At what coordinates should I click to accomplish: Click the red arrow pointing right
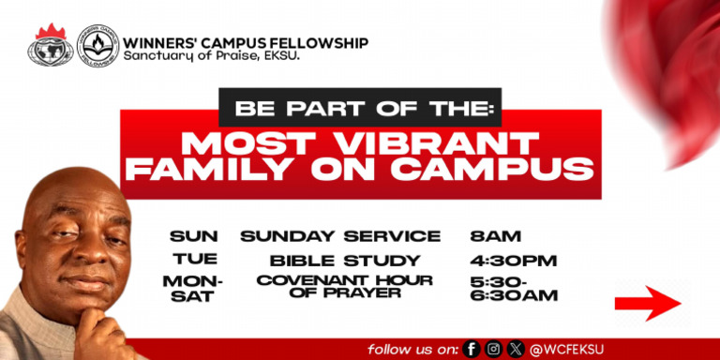[x=647, y=303]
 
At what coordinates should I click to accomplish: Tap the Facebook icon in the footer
[x=472, y=349]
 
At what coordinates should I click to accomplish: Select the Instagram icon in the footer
[x=494, y=349]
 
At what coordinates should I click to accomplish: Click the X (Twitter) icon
[x=516, y=349]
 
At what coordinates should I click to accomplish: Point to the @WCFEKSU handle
[x=571, y=349]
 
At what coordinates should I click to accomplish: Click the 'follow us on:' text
[x=412, y=349]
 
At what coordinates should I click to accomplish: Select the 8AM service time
[x=496, y=236]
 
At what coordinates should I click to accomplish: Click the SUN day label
[x=194, y=236]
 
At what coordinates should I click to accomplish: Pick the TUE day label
[x=195, y=260]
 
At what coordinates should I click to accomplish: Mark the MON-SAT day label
[x=194, y=289]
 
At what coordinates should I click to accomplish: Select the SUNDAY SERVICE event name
[x=340, y=236]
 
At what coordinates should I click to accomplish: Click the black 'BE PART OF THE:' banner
[x=360, y=107]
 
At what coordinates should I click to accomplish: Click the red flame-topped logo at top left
[x=52, y=45]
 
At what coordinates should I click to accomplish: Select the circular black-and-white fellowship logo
[x=97, y=45]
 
